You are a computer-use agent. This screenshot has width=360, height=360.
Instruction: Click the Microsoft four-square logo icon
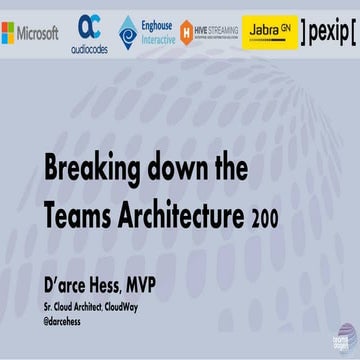pyautogui.click(x=8, y=33)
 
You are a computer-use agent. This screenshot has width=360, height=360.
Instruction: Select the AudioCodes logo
pyautogui.click(x=89, y=33)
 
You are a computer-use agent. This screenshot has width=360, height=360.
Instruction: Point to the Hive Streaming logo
pyautogui.click(x=209, y=33)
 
